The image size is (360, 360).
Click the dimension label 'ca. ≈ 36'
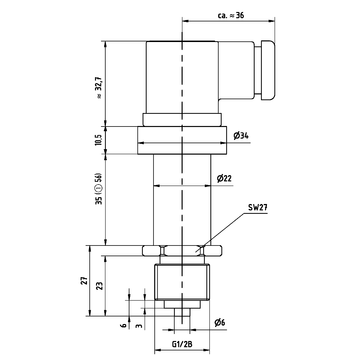[231, 16]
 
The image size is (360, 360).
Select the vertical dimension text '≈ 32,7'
[100, 87]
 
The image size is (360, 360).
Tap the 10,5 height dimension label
[98, 140]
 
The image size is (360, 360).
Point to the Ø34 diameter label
[241, 136]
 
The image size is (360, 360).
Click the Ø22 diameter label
[224, 179]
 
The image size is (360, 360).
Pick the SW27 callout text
[258, 207]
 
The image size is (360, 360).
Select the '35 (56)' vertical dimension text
[98, 189]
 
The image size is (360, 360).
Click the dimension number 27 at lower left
[85, 280]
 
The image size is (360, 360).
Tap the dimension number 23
[100, 286]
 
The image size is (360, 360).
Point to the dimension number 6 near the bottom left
[124, 325]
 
